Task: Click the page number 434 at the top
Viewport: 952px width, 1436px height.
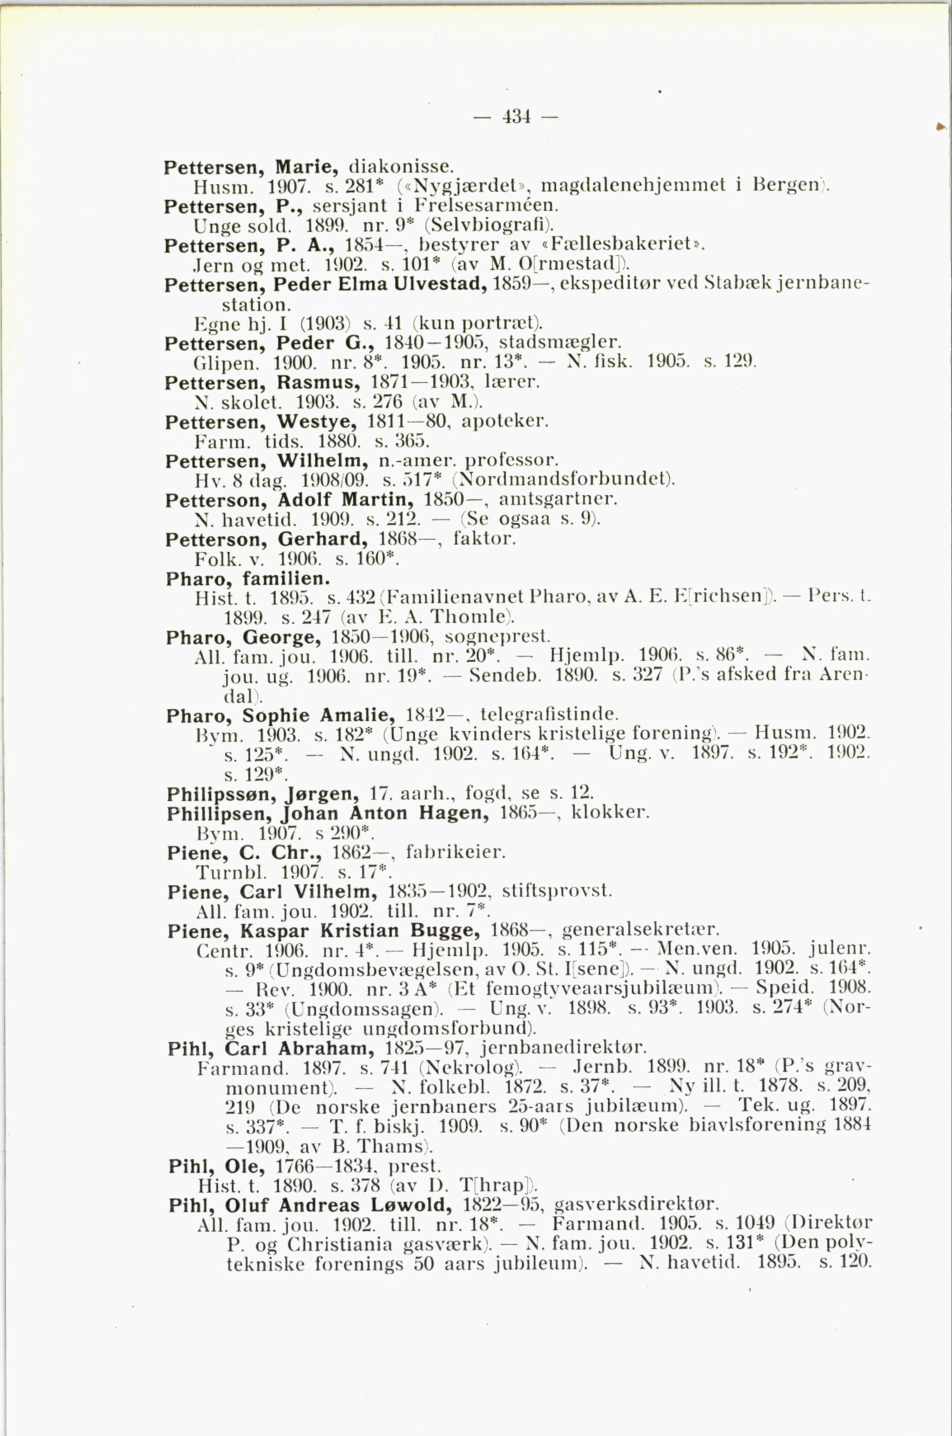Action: click(x=517, y=116)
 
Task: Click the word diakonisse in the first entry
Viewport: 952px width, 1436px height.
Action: click(x=401, y=166)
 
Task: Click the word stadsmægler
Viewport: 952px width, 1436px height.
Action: click(x=559, y=343)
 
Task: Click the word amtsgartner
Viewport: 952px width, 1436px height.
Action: click(x=557, y=499)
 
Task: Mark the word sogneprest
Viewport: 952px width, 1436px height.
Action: click(x=497, y=637)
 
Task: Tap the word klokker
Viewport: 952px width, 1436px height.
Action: click(x=610, y=812)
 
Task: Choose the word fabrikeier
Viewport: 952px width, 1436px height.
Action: click(x=455, y=852)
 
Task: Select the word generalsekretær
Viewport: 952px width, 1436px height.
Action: click(x=641, y=931)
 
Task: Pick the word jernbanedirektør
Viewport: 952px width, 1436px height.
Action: click(x=564, y=1048)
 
